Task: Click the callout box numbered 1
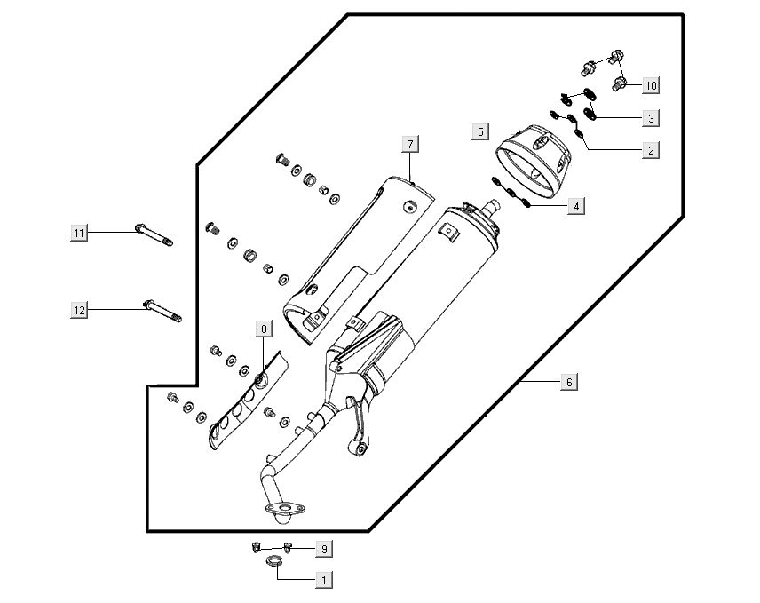324,580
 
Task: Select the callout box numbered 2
651,150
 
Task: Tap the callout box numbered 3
651,117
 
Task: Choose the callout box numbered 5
480,131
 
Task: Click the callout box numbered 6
569,382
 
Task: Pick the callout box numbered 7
410,144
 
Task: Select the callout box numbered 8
264,329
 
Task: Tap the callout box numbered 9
324,548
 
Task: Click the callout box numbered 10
651,85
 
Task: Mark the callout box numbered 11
79,233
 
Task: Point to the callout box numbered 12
79,309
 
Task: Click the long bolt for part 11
153,235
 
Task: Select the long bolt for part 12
162,311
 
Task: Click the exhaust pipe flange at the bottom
282,511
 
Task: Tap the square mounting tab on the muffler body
452,234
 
